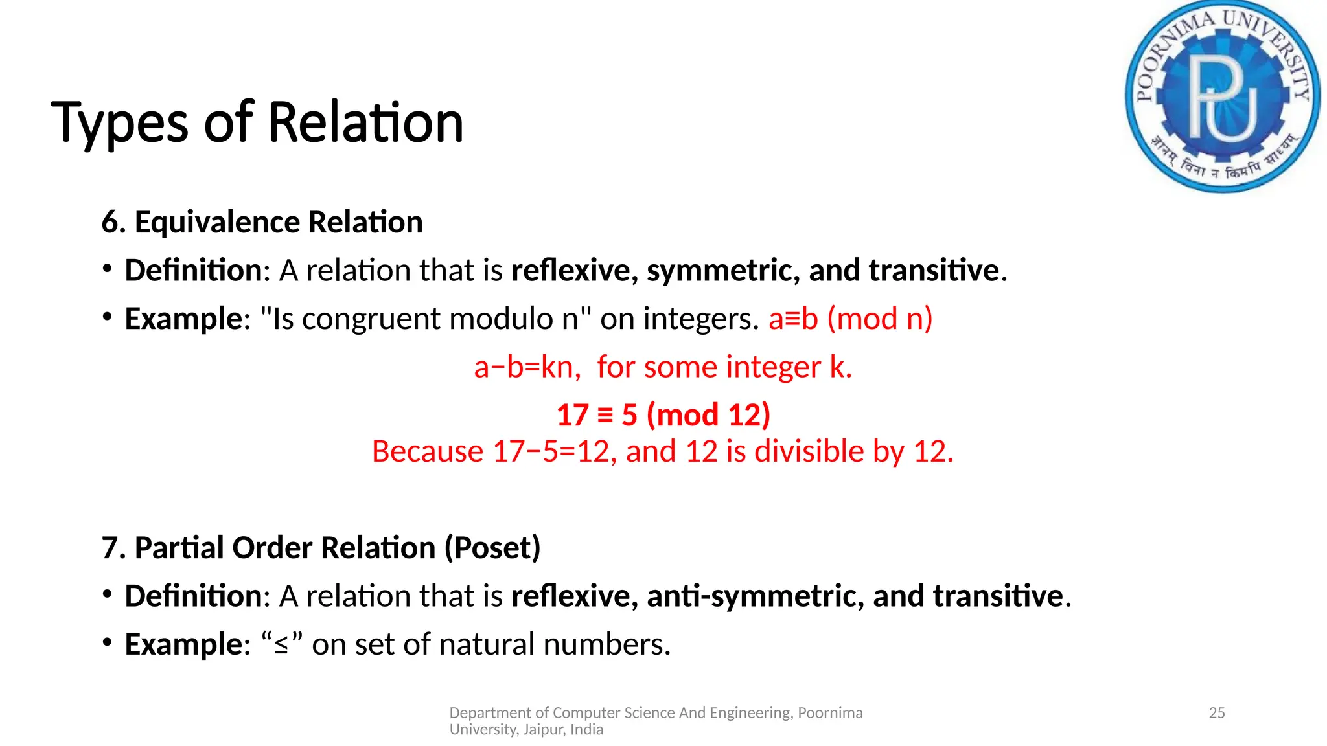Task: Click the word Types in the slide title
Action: pyautogui.click(x=120, y=123)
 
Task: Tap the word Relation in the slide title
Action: pyautogui.click(x=365, y=123)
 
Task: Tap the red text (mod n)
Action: pyautogui.click(x=880, y=319)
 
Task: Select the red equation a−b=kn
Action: pyautogui.click(x=525, y=367)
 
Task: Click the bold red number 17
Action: pyautogui.click(x=572, y=415)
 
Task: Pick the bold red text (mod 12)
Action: pyautogui.click(x=708, y=415)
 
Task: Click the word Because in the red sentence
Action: pyautogui.click(x=428, y=451)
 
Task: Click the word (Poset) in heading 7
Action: pyautogui.click(x=492, y=548)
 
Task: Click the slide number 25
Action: pyautogui.click(x=1217, y=713)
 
